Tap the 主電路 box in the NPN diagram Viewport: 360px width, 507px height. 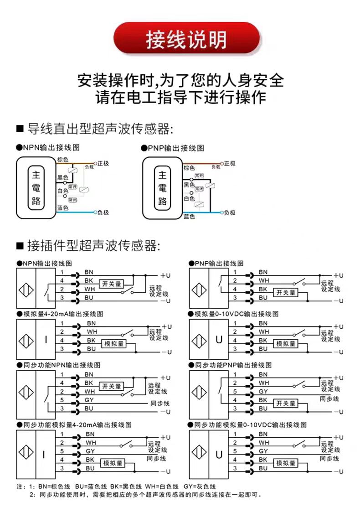pyautogui.click(x=36, y=187)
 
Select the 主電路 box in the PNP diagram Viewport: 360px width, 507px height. pyautogui.click(x=162, y=187)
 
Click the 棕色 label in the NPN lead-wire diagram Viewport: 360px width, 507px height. pyautogui.click(x=62, y=160)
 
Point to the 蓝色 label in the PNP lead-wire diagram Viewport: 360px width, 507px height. pyautogui.click(x=189, y=216)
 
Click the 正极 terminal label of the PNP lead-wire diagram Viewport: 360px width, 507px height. pyautogui.click(x=230, y=163)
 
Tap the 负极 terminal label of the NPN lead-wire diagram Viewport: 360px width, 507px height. pyautogui.click(x=103, y=212)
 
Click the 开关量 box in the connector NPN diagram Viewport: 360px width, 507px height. pyautogui.click(x=112, y=284)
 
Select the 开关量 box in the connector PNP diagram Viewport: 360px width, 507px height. pyautogui.click(x=286, y=293)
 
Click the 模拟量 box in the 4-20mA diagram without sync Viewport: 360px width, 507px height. pyautogui.click(x=114, y=344)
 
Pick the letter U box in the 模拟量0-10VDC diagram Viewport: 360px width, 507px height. pyautogui.click(x=219, y=340)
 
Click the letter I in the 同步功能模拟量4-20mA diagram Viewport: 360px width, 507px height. pyautogui.click(x=44, y=455)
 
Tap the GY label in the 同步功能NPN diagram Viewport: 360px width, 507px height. pyautogui.click(x=89, y=400)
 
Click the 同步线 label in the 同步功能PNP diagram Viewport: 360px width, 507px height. pyautogui.click(x=329, y=398)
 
